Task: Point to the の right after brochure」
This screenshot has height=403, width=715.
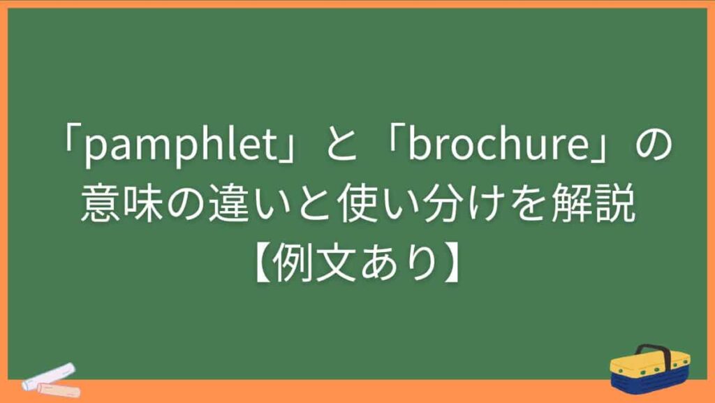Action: click(653, 148)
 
